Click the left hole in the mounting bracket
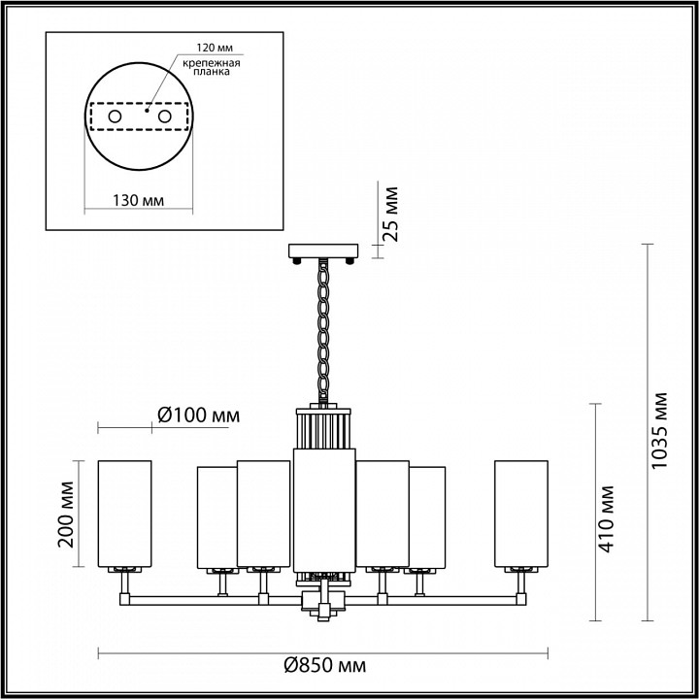(x=115, y=117)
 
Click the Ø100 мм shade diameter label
(x=197, y=416)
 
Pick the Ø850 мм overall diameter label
(x=324, y=666)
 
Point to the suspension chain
(x=324, y=330)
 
